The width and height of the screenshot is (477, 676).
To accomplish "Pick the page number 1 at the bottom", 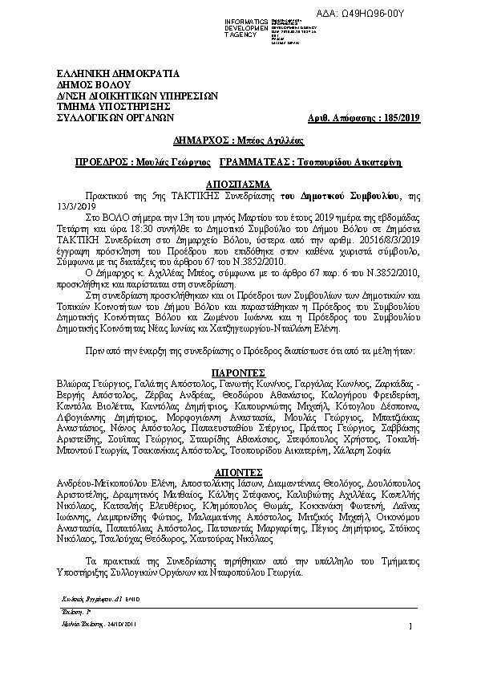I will coord(410,626).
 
